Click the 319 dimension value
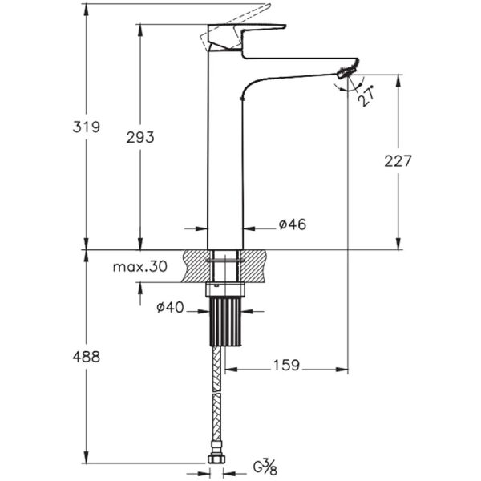click(x=87, y=127)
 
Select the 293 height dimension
click(x=140, y=137)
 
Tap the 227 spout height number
click(x=398, y=161)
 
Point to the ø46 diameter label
click(x=293, y=224)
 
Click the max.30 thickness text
click(x=140, y=267)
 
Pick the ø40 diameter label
click(x=170, y=307)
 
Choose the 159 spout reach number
click(x=286, y=366)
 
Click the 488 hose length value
click(x=87, y=357)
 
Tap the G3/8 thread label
click(x=265, y=467)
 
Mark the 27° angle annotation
click(x=366, y=96)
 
